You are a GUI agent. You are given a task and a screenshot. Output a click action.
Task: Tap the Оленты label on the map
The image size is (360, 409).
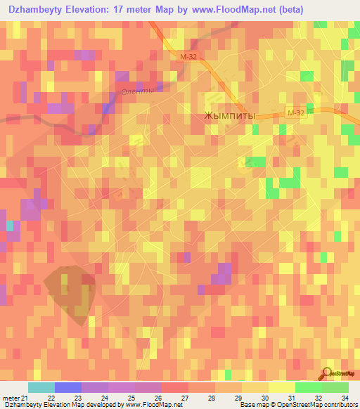[x=136, y=92]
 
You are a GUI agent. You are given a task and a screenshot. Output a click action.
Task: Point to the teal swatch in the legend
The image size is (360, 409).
[x=41, y=387]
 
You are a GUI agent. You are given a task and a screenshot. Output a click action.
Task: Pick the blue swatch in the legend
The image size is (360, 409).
[x=68, y=387]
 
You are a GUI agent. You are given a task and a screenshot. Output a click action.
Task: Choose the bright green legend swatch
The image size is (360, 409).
[x=308, y=387]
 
